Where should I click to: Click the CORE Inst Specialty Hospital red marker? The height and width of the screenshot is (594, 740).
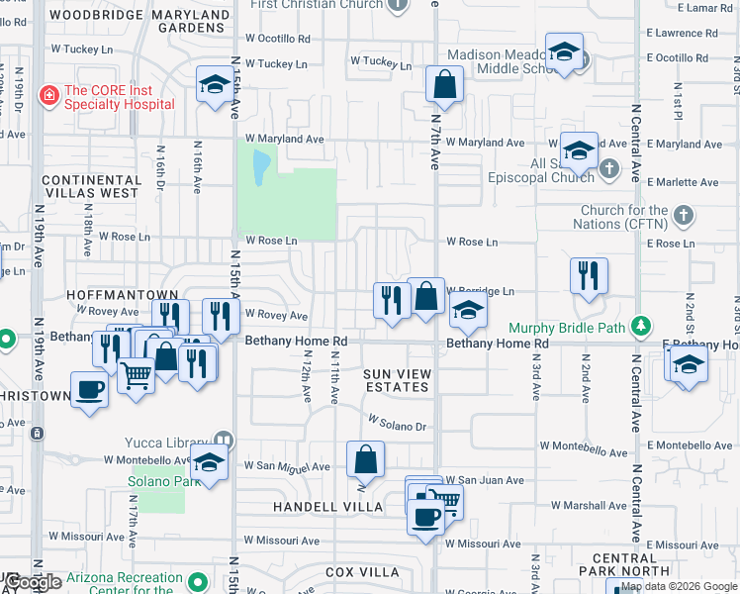[x=47, y=96]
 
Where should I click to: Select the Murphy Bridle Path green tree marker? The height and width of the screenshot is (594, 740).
[x=642, y=326]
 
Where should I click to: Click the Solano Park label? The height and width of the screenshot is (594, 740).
[x=157, y=482]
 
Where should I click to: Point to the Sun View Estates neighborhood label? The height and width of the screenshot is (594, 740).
[x=398, y=379]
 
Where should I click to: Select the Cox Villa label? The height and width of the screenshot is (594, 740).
[x=362, y=572]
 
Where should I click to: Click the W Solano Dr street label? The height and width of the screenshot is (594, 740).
[x=397, y=426]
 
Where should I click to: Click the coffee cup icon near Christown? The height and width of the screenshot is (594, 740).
[x=89, y=389]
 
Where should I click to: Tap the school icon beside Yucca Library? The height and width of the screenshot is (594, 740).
[x=209, y=461]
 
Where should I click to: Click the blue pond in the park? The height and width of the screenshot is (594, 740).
[x=260, y=166]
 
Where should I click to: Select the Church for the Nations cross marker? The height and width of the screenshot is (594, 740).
[x=683, y=215]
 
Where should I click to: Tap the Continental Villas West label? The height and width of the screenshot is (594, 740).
[x=90, y=185]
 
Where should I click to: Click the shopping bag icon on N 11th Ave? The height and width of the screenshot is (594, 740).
[x=365, y=458]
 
